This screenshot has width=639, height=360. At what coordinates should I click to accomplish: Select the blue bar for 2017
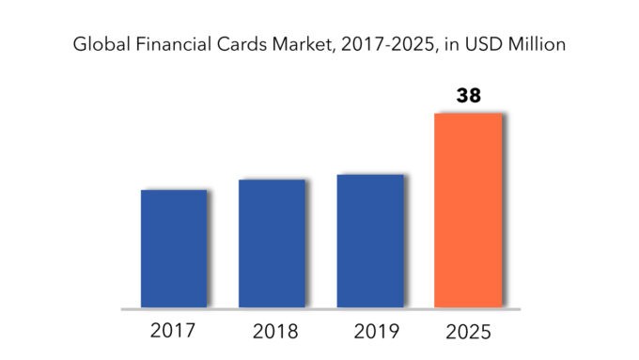click(174, 248)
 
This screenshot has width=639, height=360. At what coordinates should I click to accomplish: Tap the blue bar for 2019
click(370, 241)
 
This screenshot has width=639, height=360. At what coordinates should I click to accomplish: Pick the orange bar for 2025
click(468, 211)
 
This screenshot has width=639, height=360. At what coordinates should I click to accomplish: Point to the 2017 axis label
click(174, 331)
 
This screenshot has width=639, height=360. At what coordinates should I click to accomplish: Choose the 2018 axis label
click(272, 332)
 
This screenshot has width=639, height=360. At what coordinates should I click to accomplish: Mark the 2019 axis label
click(370, 332)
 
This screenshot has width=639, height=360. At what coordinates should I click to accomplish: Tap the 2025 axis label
click(468, 331)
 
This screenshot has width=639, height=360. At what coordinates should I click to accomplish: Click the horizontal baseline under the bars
click(319, 308)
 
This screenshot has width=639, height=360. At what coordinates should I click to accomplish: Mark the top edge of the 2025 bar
click(468, 115)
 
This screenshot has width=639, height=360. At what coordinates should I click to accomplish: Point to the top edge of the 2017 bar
click(174, 191)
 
